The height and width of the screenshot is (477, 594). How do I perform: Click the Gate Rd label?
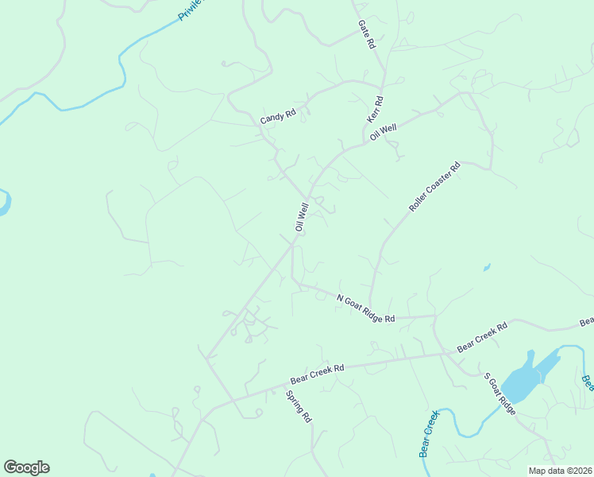click(366, 36)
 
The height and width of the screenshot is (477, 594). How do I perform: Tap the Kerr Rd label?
click(376, 109)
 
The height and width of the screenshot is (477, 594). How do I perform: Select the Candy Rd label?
click(278, 116)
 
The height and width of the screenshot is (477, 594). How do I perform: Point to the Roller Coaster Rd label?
click(434, 188)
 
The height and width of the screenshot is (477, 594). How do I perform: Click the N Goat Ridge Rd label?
click(365, 308)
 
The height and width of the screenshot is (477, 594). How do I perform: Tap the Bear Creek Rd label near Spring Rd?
click(316, 369)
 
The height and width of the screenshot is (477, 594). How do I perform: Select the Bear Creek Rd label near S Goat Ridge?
click(482, 339)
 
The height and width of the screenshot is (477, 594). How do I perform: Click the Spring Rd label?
click(299, 405)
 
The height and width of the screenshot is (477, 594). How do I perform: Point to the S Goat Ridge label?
click(500, 394)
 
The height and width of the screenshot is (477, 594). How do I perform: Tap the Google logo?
click(26, 467)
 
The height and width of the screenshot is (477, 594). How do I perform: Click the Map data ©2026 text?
click(560, 471)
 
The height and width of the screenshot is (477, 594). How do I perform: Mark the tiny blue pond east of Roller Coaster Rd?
click(486, 267)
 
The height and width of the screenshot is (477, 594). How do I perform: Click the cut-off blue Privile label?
click(191, 10)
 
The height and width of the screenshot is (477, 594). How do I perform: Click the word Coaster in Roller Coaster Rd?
click(434, 188)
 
